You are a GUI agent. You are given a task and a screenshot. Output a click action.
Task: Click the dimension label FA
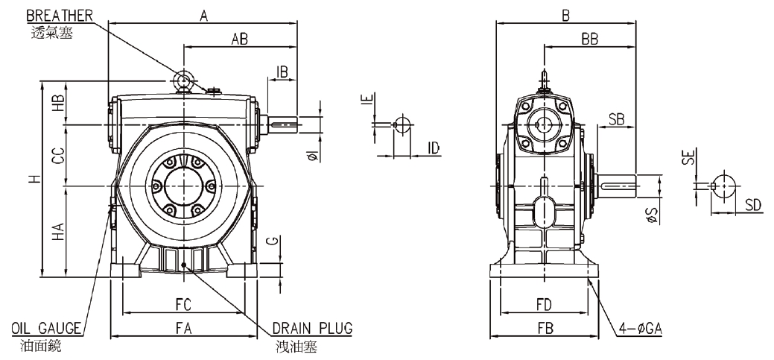point(183,329)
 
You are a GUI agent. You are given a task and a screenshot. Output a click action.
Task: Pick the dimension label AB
point(239,41)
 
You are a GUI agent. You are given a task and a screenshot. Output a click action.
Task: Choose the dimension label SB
point(617,119)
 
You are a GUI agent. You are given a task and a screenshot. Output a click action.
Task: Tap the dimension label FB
point(544,329)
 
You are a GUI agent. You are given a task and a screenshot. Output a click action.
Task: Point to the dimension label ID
point(434,148)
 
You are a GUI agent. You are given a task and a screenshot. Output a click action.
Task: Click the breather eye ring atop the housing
point(183,80)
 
